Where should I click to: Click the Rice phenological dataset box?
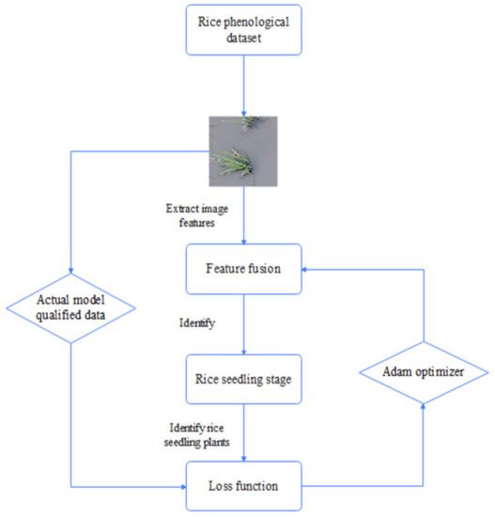point(245,35)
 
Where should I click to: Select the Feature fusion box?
point(245,268)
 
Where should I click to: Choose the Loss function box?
point(245,487)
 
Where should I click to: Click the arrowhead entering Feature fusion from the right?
point(305,268)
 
